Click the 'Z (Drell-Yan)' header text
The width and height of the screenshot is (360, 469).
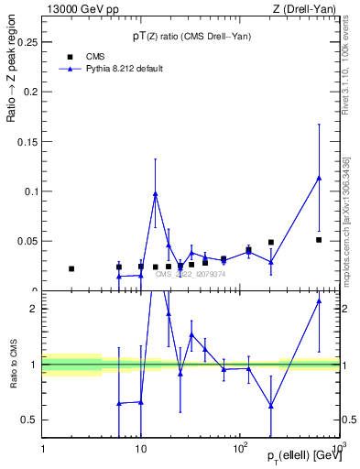[309, 8]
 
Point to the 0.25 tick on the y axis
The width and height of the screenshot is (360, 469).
[27, 42]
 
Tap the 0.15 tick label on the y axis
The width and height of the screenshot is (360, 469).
[27, 142]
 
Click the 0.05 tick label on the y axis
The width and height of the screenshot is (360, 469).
[27, 241]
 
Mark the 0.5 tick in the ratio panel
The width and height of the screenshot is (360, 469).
[31, 420]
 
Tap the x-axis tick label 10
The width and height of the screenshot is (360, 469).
[140, 449]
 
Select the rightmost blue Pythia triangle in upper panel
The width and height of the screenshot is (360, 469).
[319, 178]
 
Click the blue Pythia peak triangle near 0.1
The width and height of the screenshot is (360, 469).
[156, 194]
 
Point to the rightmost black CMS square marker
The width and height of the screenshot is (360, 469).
[319, 240]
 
